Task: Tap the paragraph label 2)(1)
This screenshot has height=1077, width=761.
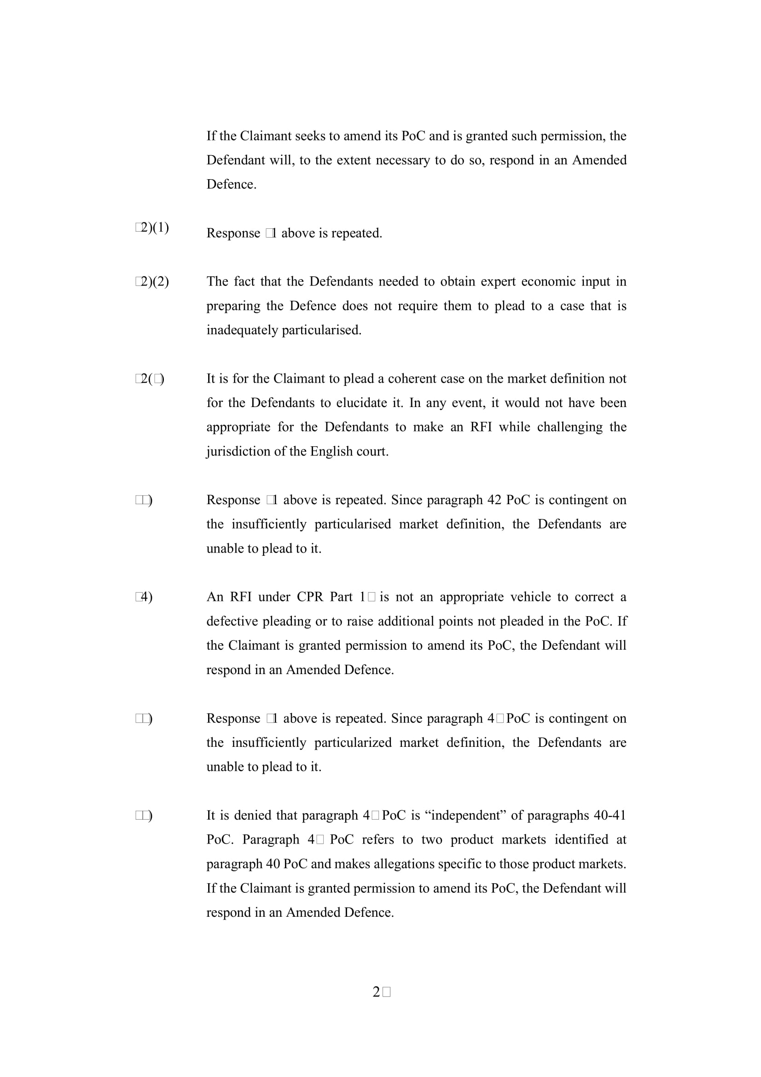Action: [x=152, y=227]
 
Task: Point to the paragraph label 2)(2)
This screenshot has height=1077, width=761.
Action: [x=152, y=281]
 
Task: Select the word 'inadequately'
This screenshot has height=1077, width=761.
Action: [x=242, y=330]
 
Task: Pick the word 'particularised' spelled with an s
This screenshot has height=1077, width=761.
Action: [x=353, y=524]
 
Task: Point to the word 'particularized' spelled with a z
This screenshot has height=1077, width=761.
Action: [x=353, y=743]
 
